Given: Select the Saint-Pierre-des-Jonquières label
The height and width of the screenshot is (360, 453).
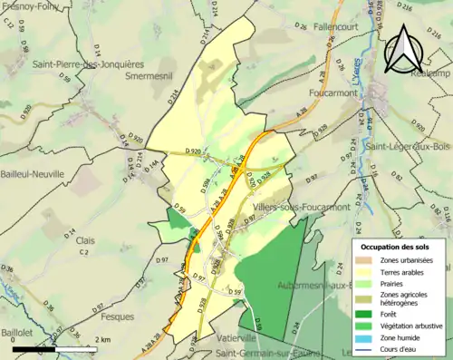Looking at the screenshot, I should [x=88, y=64].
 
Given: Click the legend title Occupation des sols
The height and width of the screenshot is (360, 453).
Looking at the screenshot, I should [x=397, y=247].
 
